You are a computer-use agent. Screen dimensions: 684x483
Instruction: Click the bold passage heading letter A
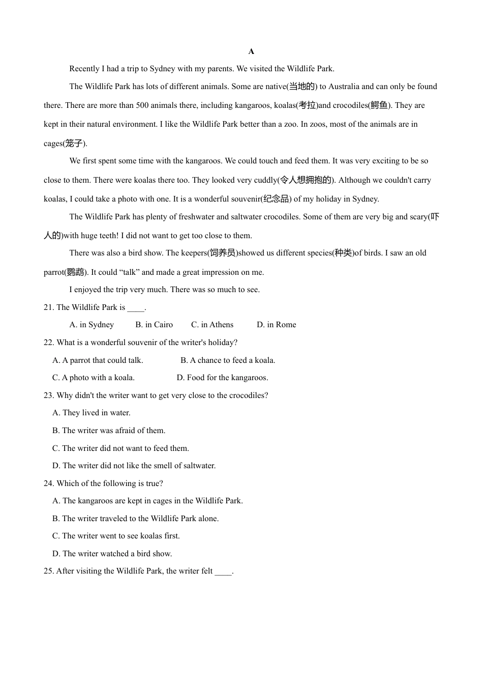pyautogui.click(x=251, y=51)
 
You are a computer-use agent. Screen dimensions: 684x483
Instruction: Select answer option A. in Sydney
pyautogui.click(x=92, y=325)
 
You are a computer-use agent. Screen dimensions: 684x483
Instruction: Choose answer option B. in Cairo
pyautogui.click(x=154, y=325)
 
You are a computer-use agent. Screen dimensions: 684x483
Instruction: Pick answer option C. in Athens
pyautogui.click(x=212, y=325)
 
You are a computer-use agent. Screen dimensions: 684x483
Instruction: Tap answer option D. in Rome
pyautogui.click(x=276, y=325)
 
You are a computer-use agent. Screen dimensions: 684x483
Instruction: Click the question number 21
pyautogui.click(x=48, y=307)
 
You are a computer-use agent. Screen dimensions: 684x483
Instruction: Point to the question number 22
pyautogui.click(x=48, y=343)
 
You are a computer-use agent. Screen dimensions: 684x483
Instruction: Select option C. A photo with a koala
pyautogui.click(x=94, y=378)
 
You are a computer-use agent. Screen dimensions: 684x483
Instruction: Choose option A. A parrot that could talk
pyautogui.click(x=98, y=360)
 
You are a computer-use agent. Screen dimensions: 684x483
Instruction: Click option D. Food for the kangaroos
pyautogui.click(x=222, y=378)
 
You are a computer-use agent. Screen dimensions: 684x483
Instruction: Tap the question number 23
pyautogui.click(x=48, y=395)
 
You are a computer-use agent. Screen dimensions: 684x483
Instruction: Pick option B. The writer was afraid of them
pyautogui.click(x=109, y=431)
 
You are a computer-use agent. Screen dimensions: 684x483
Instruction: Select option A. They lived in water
pyautogui.click(x=92, y=413)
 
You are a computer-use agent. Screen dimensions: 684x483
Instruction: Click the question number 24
pyautogui.click(x=48, y=483)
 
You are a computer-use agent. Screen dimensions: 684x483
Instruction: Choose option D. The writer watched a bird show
pyautogui.click(x=112, y=554)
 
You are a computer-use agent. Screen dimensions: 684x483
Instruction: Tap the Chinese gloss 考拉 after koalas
pyautogui.click(x=307, y=105)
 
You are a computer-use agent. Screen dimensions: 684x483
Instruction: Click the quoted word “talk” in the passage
pyautogui.click(x=129, y=272)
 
